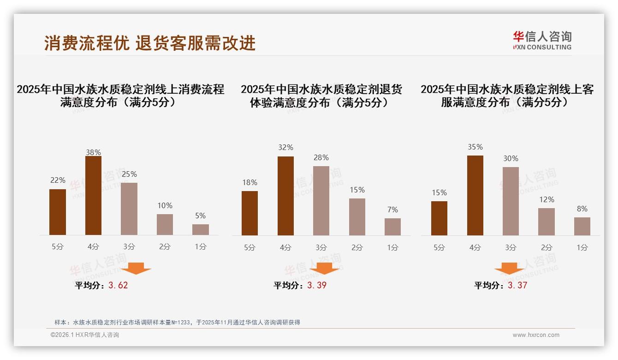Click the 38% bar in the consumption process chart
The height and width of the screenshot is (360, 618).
[93, 196]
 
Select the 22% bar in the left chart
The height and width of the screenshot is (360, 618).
[58, 212]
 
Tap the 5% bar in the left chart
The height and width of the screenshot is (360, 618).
[201, 230]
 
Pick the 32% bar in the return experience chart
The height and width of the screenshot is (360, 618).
[285, 196]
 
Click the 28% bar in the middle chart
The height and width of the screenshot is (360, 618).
[321, 201]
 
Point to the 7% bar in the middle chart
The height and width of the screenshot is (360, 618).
[392, 227]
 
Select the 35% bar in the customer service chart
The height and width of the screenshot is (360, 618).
[475, 196]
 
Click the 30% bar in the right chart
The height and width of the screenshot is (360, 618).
[511, 201]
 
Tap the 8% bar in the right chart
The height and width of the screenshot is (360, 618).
[582, 227]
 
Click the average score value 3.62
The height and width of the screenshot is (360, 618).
[118, 285]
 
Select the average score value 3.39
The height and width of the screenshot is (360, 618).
[317, 285]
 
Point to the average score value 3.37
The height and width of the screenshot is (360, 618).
[517, 285]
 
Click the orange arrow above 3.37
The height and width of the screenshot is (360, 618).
[509, 269]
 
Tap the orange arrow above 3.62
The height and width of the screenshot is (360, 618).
[136, 269]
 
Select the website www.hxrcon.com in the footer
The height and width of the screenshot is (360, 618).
[536, 335]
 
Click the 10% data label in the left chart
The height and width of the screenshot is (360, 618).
[165, 205]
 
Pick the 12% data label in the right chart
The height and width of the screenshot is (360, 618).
[547, 199]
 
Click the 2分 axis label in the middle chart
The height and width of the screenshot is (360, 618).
[357, 247]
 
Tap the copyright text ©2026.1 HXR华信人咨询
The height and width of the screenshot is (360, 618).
[85, 335]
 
